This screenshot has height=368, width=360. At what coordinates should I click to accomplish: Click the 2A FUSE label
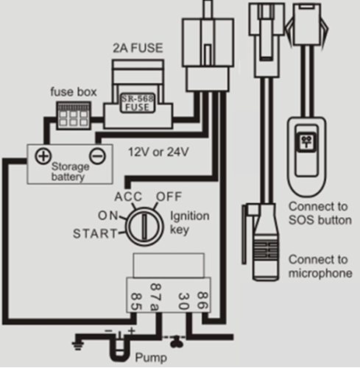[138, 48]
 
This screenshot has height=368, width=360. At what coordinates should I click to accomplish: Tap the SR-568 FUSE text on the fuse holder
[138, 103]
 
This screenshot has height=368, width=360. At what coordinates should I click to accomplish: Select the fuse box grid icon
[74, 116]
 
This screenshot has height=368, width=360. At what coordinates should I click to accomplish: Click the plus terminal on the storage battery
[43, 156]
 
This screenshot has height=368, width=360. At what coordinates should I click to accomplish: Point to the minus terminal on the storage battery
[97, 156]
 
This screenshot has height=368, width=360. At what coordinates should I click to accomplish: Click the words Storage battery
[70, 171]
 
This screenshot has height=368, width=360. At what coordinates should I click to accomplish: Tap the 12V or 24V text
[158, 152]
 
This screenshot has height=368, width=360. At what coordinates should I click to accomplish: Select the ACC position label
[128, 197]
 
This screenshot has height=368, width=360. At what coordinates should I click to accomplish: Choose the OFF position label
[169, 197]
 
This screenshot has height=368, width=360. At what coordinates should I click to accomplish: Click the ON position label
[108, 216]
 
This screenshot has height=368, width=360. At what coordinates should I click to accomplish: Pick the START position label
[95, 233]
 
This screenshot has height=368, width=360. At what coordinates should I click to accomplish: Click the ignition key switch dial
[144, 227]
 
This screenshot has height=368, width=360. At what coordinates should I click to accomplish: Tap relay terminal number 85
[136, 302]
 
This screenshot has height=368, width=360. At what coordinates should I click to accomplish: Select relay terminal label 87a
[155, 297]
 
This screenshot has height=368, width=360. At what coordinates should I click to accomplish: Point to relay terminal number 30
[183, 301]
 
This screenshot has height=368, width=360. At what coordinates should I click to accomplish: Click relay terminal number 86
[202, 300]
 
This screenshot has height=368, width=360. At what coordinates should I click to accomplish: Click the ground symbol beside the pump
[78, 345]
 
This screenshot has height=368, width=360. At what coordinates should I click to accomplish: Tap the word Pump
[151, 358]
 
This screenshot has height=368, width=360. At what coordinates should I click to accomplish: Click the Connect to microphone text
[320, 266]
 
